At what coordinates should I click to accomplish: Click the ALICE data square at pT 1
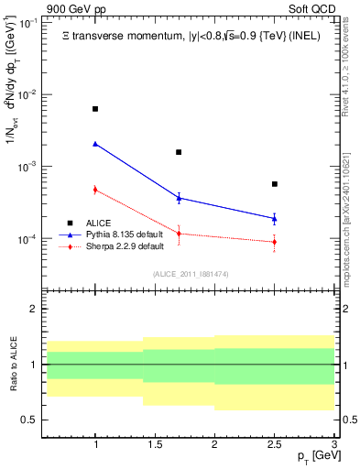[x=95, y=109]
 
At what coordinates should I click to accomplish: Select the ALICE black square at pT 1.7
[x=179, y=152]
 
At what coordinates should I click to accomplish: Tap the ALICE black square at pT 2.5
[x=274, y=184]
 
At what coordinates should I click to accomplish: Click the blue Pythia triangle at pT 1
[x=95, y=144]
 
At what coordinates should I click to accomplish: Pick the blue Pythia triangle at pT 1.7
[x=179, y=197]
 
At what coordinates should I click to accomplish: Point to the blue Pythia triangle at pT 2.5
[x=274, y=218]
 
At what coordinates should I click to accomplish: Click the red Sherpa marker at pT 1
[x=95, y=190]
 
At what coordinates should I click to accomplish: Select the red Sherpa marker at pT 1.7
[x=179, y=234]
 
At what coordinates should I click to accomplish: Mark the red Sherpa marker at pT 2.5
[x=274, y=242]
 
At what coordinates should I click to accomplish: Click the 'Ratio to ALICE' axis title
[x=12, y=364]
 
